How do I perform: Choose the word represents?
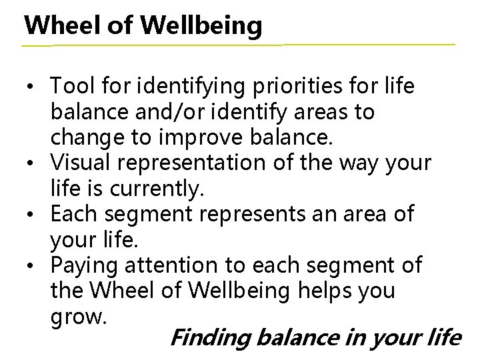coord(254,215)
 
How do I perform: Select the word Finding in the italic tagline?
coord(209,338)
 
